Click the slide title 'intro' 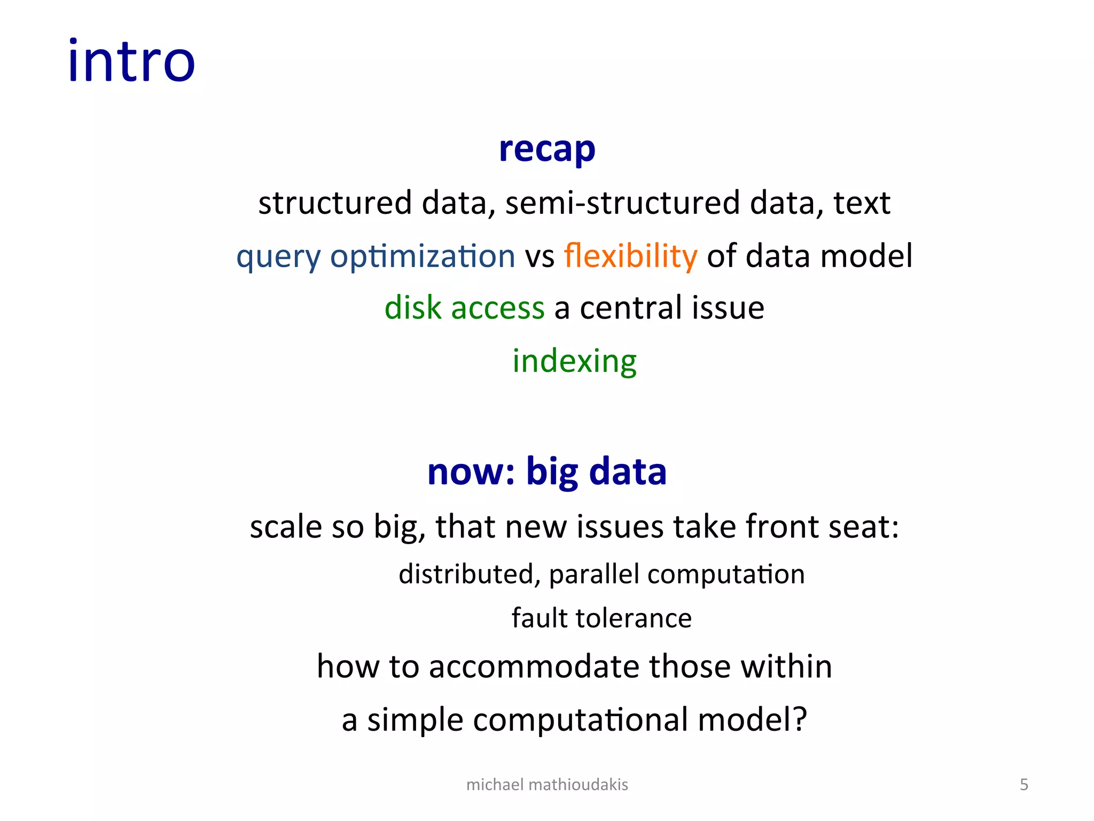coord(131,61)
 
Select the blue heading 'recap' coord(547,149)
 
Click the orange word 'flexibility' coord(630,256)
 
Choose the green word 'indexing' coord(574,361)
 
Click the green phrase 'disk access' coord(464,308)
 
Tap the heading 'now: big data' coord(547,472)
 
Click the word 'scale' coord(286,526)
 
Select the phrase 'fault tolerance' coord(601,618)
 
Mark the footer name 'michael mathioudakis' coord(547,785)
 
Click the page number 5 coord(1023,785)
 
